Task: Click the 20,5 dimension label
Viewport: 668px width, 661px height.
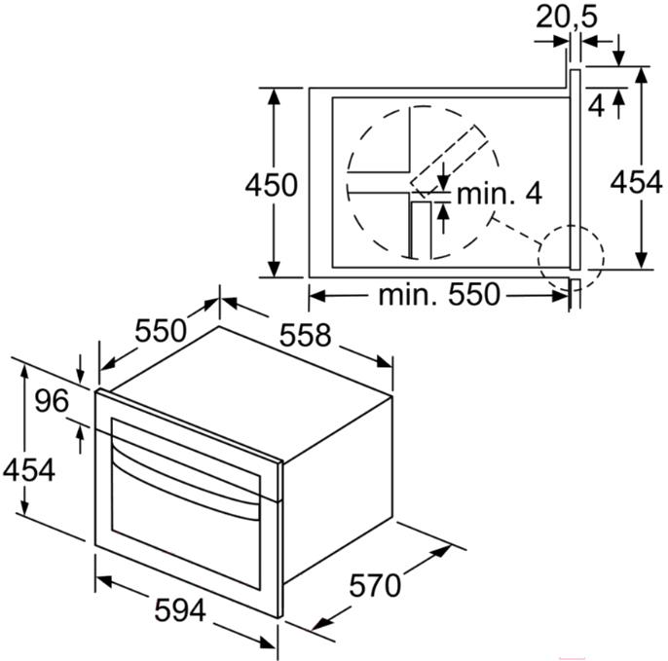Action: [566, 18]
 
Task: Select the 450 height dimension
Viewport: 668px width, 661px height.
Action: [271, 185]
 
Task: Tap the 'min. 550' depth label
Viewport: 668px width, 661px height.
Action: [438, 294]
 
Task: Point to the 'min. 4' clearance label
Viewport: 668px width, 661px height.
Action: [500, 194]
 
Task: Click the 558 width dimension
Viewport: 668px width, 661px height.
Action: [305, 335]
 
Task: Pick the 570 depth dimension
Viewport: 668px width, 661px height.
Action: [375, 585]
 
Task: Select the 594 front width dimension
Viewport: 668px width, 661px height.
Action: [180, 609]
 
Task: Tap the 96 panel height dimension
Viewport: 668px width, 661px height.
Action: [52, 401]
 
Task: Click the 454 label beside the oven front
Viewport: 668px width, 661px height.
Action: [29, 470]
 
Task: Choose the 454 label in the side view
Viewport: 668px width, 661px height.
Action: [637, 182]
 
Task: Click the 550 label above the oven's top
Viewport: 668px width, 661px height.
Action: [161, 331]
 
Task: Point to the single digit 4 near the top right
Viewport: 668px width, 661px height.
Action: [596, 106]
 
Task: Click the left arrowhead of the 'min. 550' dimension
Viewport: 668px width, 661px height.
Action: [317, 296]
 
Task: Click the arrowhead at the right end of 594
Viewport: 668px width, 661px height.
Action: [268, 642]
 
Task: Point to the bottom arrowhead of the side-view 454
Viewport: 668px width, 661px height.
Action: [641, 261]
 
